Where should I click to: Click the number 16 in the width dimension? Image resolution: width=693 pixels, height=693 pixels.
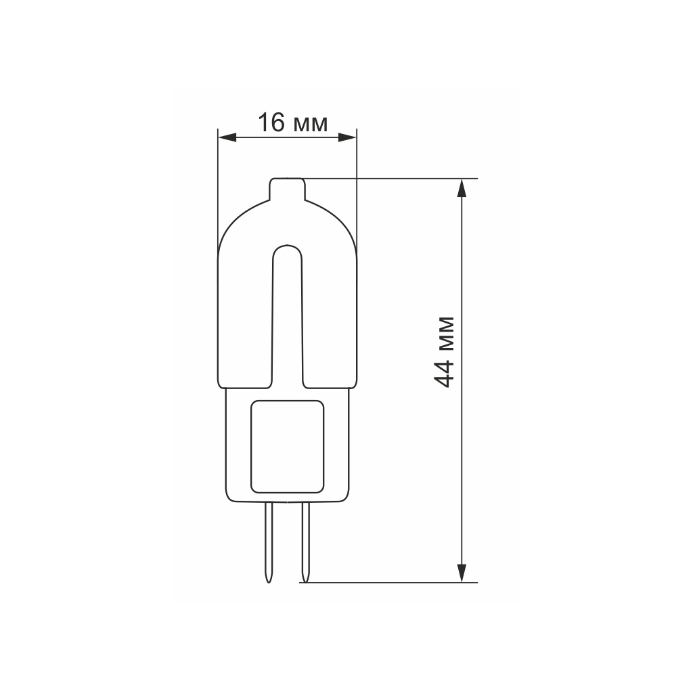(269, 123)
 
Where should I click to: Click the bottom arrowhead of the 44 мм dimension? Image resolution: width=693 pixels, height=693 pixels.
(462, 573)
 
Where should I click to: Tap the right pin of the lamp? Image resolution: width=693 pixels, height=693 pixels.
(305, 538)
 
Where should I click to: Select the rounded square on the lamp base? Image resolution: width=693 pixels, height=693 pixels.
(287, 447)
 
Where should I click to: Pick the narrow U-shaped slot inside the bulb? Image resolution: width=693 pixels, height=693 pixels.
(287, 318)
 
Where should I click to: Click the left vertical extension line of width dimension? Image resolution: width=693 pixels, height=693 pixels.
(218, 189)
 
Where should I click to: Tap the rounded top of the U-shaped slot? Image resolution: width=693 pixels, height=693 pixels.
(287, 246)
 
